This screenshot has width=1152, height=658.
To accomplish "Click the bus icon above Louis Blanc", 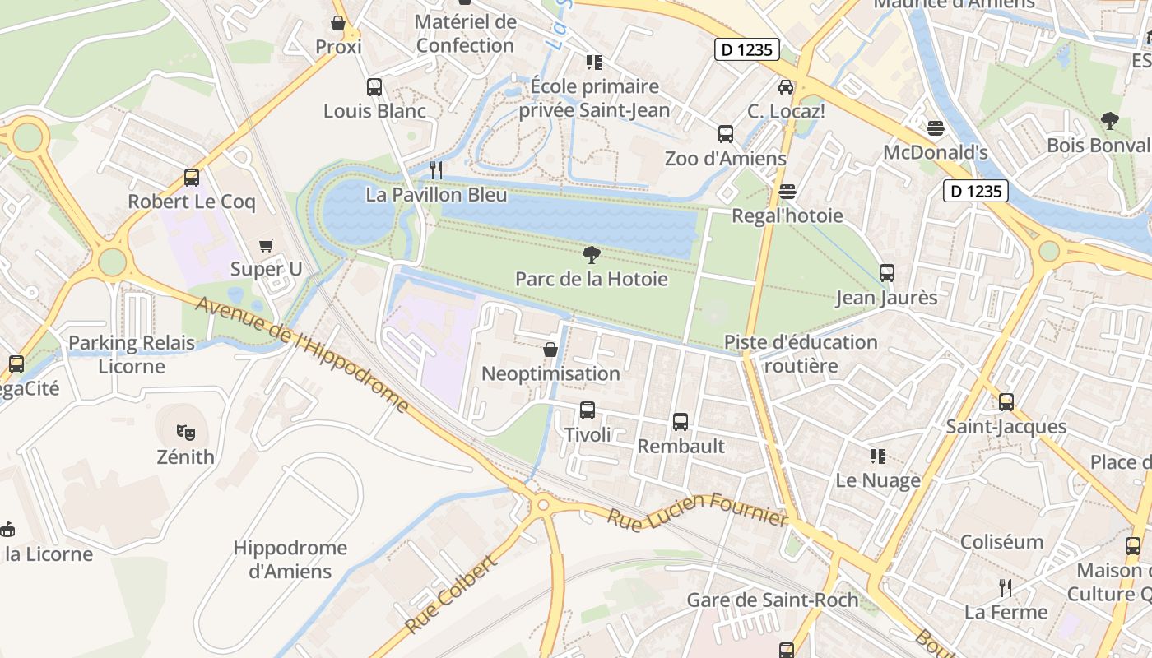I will tap(374, 87).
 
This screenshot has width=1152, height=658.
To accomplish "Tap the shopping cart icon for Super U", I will tap(266, 245).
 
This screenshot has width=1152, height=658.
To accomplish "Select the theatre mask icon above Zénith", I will tap(186, 432).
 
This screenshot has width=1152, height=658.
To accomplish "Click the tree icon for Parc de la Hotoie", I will tap(591, 255).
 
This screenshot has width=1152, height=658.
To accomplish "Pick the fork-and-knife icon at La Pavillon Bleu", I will tap(436, 170).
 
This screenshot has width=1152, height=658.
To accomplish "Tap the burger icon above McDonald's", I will tap(935, 128).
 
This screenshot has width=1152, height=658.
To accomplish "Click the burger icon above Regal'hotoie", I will tap(787, 192).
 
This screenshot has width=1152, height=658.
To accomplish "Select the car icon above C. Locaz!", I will tap(786, 86).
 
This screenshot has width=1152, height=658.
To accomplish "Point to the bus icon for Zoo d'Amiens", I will tap(725, 134).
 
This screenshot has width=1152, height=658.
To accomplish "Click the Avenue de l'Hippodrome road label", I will tap(302, 354).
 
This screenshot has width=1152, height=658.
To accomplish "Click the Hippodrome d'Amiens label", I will tap(290, 559).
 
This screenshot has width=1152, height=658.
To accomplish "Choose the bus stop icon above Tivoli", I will tap(588, 410).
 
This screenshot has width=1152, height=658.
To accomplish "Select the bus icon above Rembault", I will tap(681, 422).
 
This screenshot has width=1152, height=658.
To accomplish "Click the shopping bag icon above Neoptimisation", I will tap(550, 350).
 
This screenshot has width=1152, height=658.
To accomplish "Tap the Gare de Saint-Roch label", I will tap(772, 600).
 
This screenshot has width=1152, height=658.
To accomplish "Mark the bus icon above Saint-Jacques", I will tap(1006, 402).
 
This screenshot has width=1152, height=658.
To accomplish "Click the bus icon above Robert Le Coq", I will tap(192, 177).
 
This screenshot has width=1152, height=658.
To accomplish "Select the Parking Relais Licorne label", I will tap(132, 354).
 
